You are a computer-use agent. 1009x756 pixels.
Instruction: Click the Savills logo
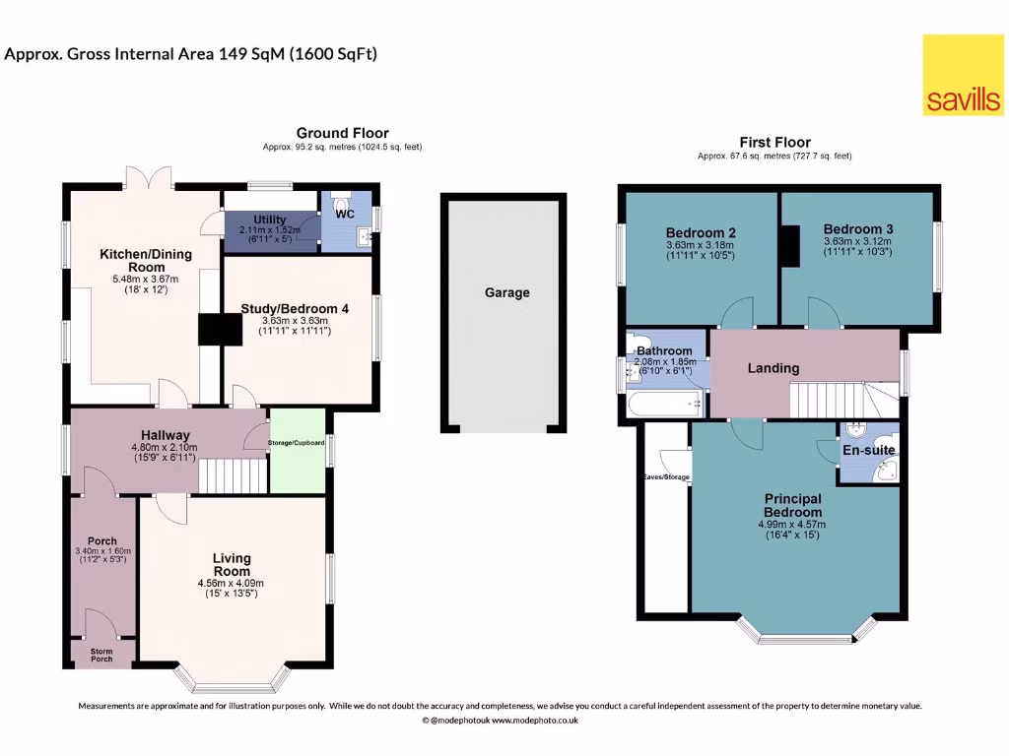point(963,75)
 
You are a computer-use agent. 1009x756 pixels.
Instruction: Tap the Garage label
point(506,292)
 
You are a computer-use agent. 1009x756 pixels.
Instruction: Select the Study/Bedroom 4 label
point(295,308)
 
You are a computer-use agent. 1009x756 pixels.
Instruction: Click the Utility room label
point(269,219)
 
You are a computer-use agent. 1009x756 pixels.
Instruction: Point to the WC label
point(344,213)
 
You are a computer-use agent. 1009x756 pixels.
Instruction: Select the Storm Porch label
point(102,656)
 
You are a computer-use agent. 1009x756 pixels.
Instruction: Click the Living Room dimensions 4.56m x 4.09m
point(231,583)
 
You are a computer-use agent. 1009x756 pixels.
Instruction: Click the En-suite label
point(867,450)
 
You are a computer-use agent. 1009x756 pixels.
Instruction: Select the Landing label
point(773,368)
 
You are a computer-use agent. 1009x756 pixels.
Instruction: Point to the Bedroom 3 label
point(856,228)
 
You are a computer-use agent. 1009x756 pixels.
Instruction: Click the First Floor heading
point(774,143)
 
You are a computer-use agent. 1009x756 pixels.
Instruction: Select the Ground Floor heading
point(342,133)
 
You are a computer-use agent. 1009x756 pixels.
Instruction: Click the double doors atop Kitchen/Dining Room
point(150,176)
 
